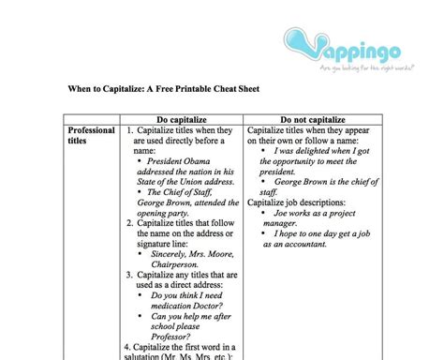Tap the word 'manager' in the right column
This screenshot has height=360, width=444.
pos(285,221)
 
